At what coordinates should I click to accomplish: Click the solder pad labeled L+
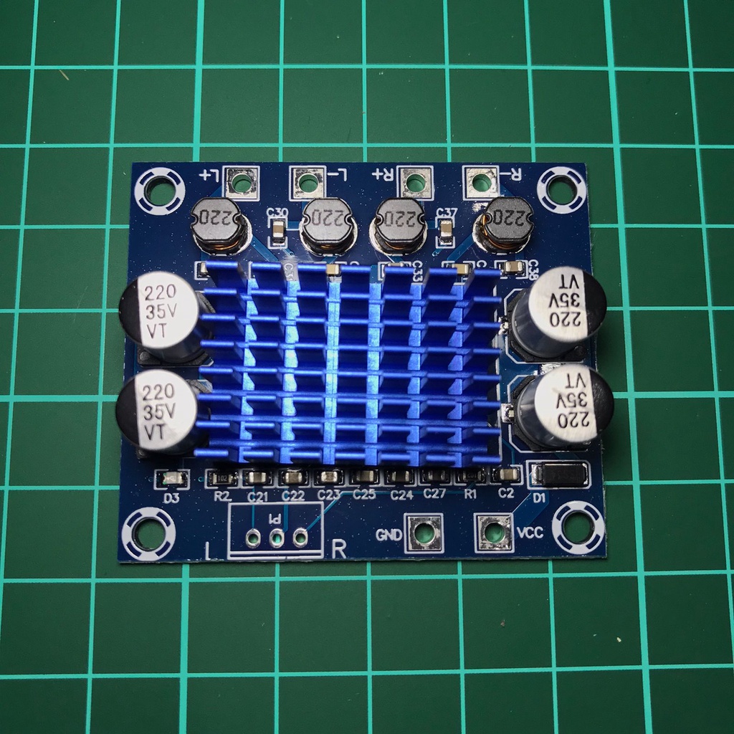click(242, 183)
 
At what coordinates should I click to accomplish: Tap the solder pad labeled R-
click(481, 183)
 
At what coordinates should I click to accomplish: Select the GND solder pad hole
click(422, 533)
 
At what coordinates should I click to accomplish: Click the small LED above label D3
click(172, 478)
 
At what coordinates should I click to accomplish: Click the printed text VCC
click(528, 533)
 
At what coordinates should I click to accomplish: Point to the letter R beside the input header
click(339, 550)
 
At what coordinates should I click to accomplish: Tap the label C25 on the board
click(364, 495)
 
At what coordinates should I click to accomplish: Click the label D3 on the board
click(171, 497)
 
